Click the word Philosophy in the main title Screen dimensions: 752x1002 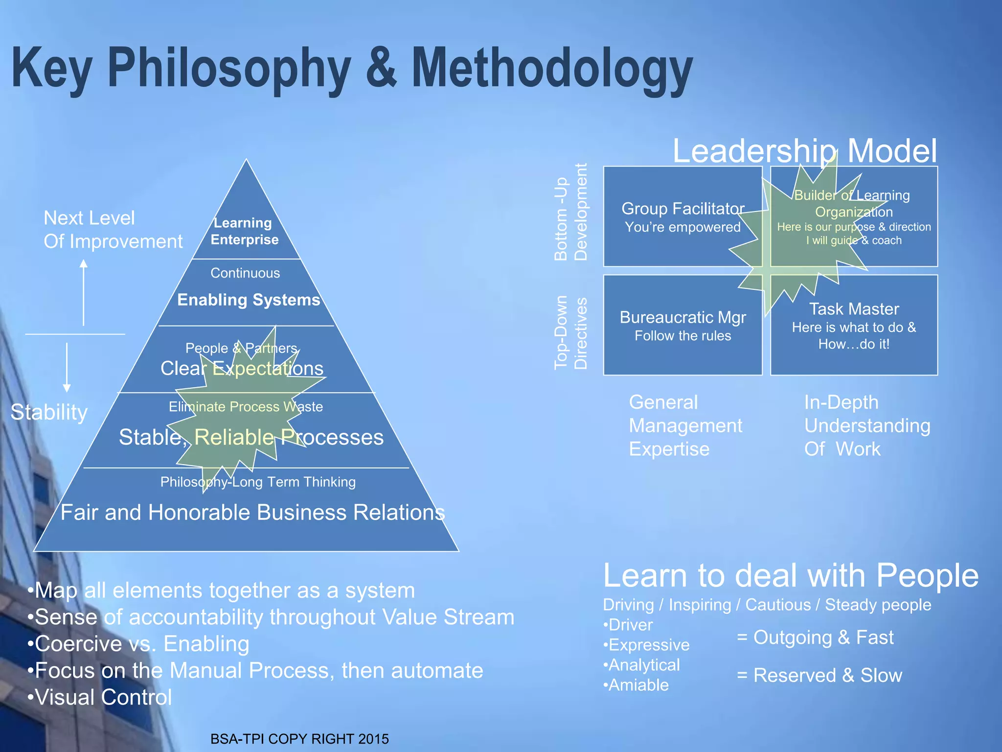point(229,69)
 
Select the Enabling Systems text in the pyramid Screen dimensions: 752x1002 point(249,300)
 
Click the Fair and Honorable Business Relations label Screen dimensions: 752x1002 point(252,513)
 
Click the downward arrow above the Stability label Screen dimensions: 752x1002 point(67,367)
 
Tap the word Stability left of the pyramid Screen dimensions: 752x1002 point(49,412)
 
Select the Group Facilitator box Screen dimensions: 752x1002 point(683,216)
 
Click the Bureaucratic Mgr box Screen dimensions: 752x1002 point(683,325)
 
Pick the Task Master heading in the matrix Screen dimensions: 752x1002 point(854,309)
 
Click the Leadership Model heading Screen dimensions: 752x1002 point(805,151)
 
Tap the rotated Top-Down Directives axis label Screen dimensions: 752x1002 point(570,332)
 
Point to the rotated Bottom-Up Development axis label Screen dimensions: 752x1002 point(570,212)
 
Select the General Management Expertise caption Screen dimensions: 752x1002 point(685,425)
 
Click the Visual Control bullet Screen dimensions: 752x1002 point(100,697)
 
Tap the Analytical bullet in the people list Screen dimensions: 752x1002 point(642,665)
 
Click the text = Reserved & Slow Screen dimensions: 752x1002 point(820,676)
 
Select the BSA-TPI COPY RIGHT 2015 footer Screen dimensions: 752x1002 point(299,739)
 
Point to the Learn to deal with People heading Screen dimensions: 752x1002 point(791,575)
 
